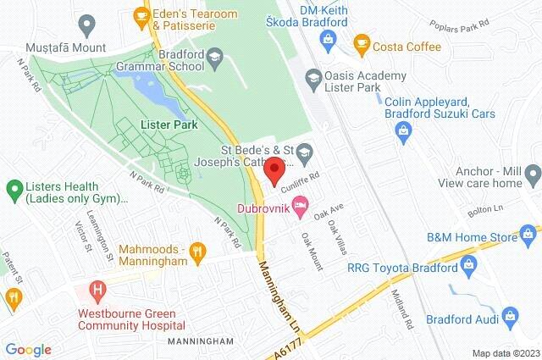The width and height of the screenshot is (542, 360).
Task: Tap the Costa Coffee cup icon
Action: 362,42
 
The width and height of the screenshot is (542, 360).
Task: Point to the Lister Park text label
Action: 169,125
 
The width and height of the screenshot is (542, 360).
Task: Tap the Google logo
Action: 28,350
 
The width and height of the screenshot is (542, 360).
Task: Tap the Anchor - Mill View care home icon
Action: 532,174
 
